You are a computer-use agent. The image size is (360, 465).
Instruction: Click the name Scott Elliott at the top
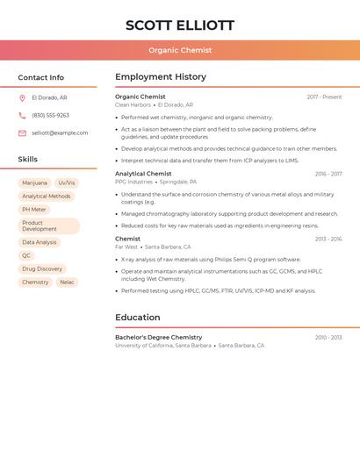pyautogui.click(x=180, y=25)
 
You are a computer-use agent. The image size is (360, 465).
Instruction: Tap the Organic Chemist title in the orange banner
pyautogui.click(x=180, y=50)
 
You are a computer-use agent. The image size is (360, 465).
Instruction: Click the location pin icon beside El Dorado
pyautogui.click(x=22, y=97)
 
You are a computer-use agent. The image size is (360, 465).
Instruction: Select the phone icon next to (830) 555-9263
pyautogui.click(x=22, y=115)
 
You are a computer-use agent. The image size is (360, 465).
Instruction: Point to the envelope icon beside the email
pyautogui.click(x=22, y=132)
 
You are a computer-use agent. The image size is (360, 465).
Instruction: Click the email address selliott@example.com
pyautogui.click(x=60, y=132)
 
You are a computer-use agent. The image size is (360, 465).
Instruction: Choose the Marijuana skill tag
pyautogui.click(x=34, y=182)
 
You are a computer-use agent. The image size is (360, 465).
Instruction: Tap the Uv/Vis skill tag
pyautogui.click(x=67, y=182)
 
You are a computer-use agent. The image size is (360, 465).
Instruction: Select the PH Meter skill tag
pyautogui.click(x=34, y=210)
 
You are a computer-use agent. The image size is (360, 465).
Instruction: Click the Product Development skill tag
pyautogui.click(x=48, y=226)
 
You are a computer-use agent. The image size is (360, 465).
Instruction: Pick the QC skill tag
pyautogui.click(x=26, y=255)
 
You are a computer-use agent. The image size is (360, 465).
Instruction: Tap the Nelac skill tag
pyautogui.click(x=67, y=283)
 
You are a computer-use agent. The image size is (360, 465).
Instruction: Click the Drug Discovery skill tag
pyautogui.click(x=42, y=268)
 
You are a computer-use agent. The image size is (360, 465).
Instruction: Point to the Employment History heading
pyautogui.click(x=160, y=77)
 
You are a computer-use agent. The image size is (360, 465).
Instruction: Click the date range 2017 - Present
pyautogui.click(x=324, y=97)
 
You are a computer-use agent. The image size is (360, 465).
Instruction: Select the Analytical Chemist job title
pyautogui.click(x=143, y=174)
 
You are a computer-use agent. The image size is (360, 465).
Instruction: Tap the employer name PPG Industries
pyautogui.click(x=133, y=182)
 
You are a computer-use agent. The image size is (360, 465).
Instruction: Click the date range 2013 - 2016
pyautogui.click(x=328, y=239)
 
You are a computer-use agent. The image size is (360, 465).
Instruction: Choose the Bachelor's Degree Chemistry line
pyautogui.click(x=158, y=337)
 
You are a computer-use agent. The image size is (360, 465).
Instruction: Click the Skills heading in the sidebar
pyautogui.click(x=28, y=159)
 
